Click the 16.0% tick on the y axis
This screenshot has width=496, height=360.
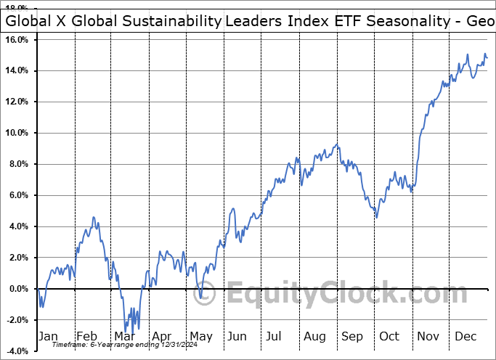click(x=17, y=39)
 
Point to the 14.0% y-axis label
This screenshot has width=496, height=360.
click(x=17, y=70)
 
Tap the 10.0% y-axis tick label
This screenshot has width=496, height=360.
click(x=17, y=133)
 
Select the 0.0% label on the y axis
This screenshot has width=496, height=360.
click(x=18, y=289)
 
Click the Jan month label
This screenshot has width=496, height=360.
click(x=48, y=337)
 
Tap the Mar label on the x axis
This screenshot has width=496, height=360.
click(x=125, y=337)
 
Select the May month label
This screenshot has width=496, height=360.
click(x=201, y=337)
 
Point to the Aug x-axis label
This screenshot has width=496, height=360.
click(x=316, y=337)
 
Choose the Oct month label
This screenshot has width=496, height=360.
click(x=390, y=337)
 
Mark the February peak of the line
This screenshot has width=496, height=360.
click(x=93, y=217)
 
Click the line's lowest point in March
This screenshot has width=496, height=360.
click(x=126, y=332)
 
